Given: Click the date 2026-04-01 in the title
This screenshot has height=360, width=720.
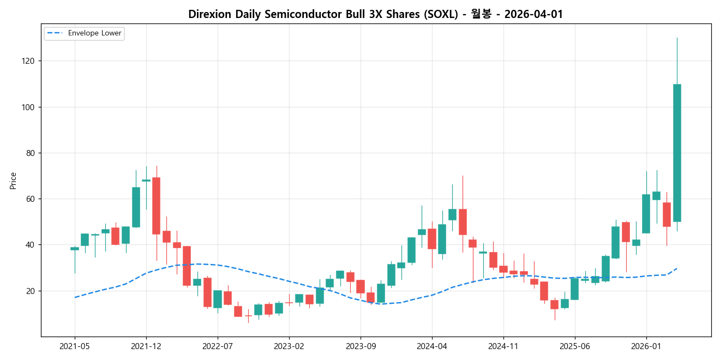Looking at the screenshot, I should click(533, 15).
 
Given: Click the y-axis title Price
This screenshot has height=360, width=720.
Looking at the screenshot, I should click(13, 181).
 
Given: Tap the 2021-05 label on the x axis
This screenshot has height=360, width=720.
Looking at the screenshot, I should click(75, 346).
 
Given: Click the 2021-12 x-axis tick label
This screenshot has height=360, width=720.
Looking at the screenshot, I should click(146, 346).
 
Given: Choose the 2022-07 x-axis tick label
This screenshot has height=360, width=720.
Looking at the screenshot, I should click(218, 346).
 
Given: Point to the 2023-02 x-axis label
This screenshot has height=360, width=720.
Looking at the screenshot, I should click(289, 346).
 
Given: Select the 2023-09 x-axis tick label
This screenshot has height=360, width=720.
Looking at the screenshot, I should click(361, 346).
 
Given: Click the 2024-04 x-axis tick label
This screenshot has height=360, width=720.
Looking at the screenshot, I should click(432, 346).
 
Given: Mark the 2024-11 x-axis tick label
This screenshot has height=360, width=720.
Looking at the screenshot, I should click(503, 346).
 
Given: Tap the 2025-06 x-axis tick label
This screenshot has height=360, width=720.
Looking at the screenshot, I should click(575, 346).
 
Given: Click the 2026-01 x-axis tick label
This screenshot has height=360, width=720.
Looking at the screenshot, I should click(646, 346).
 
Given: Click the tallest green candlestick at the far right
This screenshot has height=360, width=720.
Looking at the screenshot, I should click(677, 153).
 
